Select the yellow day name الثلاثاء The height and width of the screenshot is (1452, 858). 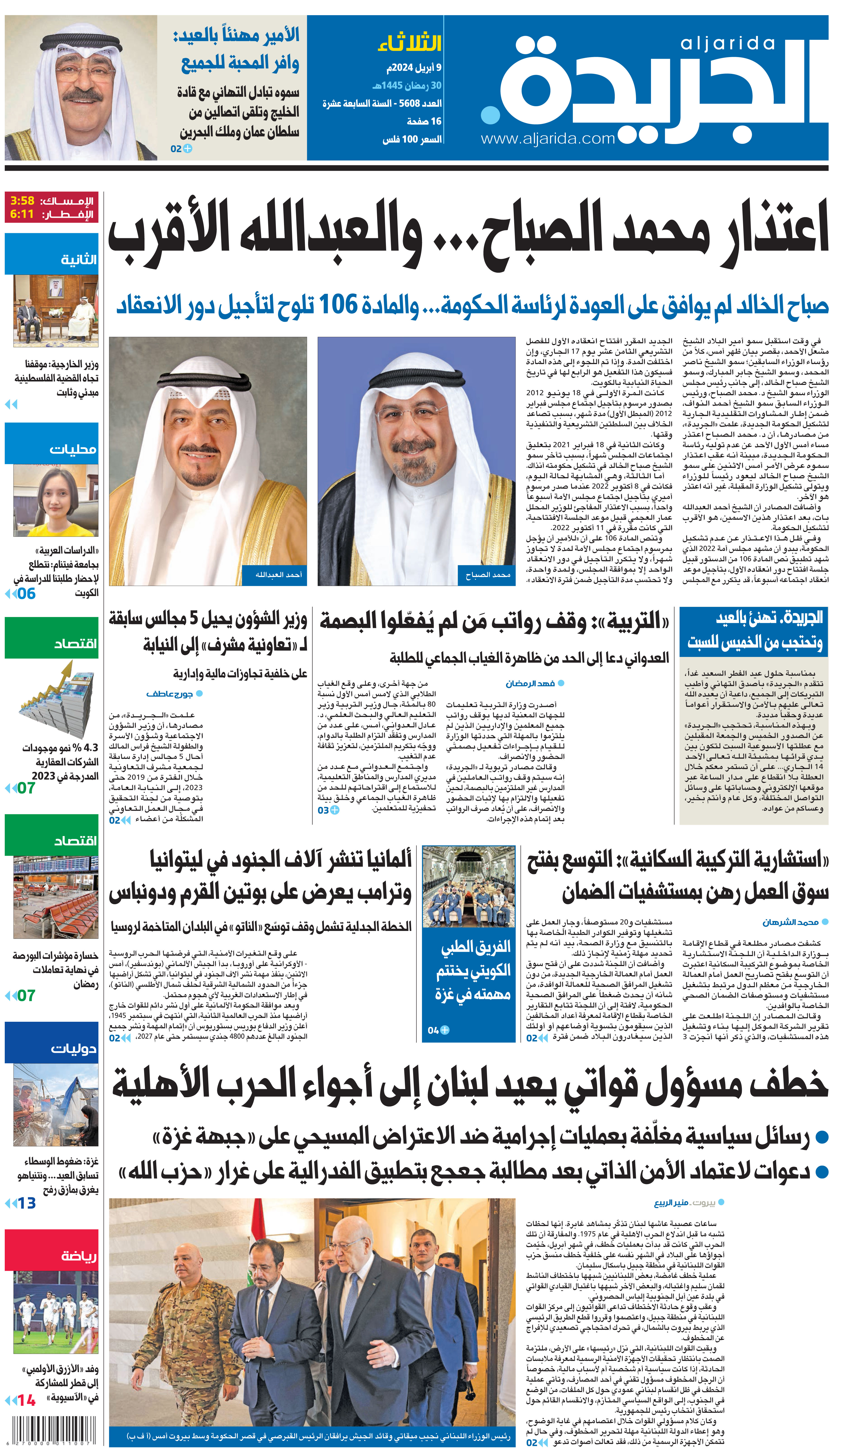(x=409, y=43)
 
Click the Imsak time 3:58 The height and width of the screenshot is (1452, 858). (x=23, y=201)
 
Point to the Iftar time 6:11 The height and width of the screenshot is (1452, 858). (x=23, y=214)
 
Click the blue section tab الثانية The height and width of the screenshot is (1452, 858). (x=79, y=260)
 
